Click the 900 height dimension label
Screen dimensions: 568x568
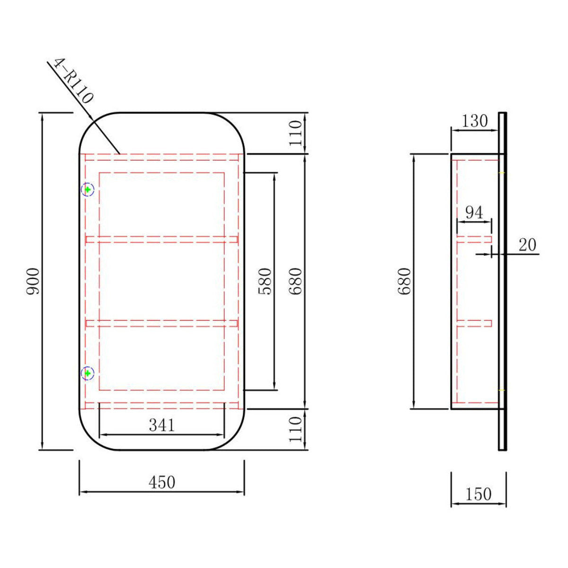[33, 281]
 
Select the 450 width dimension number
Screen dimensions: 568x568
[162, 482]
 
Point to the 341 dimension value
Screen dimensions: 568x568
[162, 426]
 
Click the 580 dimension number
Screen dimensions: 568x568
[265, 281]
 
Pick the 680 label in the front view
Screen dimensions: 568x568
[296, 281]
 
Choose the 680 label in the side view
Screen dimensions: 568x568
[404, 281]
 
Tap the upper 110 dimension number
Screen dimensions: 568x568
[296, 133]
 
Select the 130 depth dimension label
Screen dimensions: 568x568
[475, 121]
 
